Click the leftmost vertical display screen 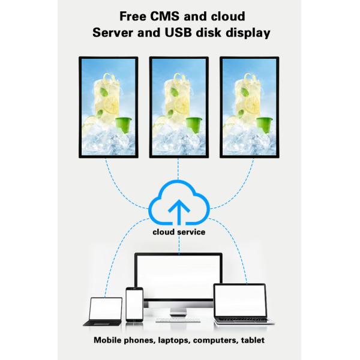tap(109, 107)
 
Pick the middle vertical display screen tap(179, 107)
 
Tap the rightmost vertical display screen tap(249, 107)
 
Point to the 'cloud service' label tap(179, 232)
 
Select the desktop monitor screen tap(178, 279)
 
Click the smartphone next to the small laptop tap(134, 304)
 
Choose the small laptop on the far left tap(105, 311)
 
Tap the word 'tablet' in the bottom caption tap(252, 340)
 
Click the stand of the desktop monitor tap(178, 310)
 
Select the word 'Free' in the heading tap(133, 16)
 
